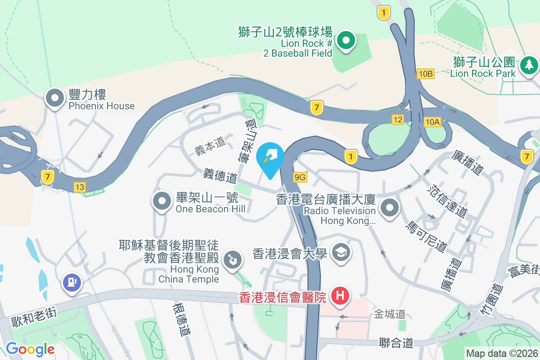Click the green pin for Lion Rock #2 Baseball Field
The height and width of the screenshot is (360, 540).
pos(346,41)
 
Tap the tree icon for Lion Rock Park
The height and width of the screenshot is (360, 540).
pos(529,66)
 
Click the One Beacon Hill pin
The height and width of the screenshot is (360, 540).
pos(162,202)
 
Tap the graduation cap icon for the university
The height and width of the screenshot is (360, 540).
pos(341,252)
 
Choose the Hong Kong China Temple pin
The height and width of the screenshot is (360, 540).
pos(233,260)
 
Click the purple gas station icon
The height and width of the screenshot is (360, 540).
pos(72,282)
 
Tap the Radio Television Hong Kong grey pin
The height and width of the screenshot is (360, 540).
pos(390,208)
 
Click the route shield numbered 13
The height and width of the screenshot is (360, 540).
pos(80,187)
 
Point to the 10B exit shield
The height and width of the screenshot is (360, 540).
pos(425,74)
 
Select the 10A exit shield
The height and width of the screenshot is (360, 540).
pos(432,121)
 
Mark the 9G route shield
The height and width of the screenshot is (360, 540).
pos(300,177)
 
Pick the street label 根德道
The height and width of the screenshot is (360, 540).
pos(181,319)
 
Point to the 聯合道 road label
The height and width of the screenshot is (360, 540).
pos(396,343)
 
